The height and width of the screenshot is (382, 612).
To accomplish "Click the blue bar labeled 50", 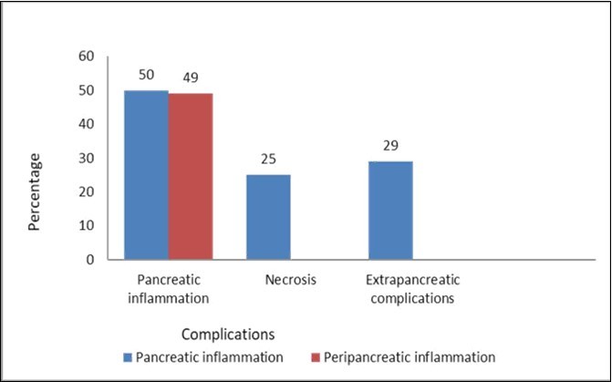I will coord(146,175).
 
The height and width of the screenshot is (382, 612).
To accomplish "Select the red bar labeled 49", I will coord(190,177).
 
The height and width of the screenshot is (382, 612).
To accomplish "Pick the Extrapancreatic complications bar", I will coord(390,211).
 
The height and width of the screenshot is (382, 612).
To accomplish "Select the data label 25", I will coord(268,159).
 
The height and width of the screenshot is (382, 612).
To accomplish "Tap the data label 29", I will coord(390,145).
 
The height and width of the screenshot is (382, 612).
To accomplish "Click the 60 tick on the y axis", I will coord(87,57).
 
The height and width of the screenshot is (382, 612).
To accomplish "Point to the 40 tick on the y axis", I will coord(87,124).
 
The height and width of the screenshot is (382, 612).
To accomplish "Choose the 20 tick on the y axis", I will coord(87,191).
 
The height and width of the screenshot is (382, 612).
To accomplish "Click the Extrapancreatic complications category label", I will coord(412,288).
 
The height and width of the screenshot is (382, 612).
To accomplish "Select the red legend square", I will coord(316,356).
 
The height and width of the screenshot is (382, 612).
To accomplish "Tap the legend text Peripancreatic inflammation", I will coord(409,356).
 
